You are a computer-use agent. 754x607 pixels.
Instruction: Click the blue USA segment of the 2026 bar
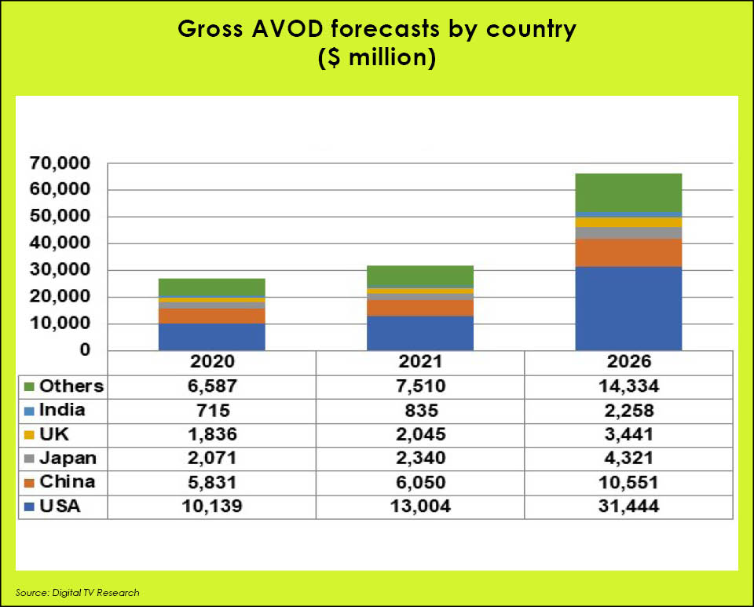coord(628,308)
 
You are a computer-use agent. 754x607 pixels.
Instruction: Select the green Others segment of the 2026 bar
coord(628,192)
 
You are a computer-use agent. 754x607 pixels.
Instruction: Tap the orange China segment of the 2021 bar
coord(420,308)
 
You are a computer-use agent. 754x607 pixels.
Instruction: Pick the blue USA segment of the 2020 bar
coord(212,336)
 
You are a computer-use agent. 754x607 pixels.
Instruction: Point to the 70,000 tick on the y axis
coord(60,163)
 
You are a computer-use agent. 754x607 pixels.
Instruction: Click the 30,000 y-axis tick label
coord(60,270)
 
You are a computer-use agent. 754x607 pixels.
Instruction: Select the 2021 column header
coord(420,363)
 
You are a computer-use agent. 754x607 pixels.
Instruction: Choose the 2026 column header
coord(628,363)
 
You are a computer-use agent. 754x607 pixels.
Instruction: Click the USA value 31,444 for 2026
coord(628,506)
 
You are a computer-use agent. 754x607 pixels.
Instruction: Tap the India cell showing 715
coord(212,411)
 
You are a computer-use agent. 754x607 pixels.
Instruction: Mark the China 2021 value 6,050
coord(420,482)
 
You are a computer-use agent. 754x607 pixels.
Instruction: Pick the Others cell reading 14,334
coord(628,386)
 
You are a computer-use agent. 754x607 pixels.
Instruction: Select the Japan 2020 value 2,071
coord(212,459)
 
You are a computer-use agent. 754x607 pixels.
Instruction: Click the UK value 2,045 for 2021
coord(420,434)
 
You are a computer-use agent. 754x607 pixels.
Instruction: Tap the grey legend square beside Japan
coord(29,459)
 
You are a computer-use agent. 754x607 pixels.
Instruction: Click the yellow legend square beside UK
coord(29,434)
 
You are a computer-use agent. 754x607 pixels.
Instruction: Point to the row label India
coord(63,410)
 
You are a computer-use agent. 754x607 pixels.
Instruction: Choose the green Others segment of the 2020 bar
coord(212,287)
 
